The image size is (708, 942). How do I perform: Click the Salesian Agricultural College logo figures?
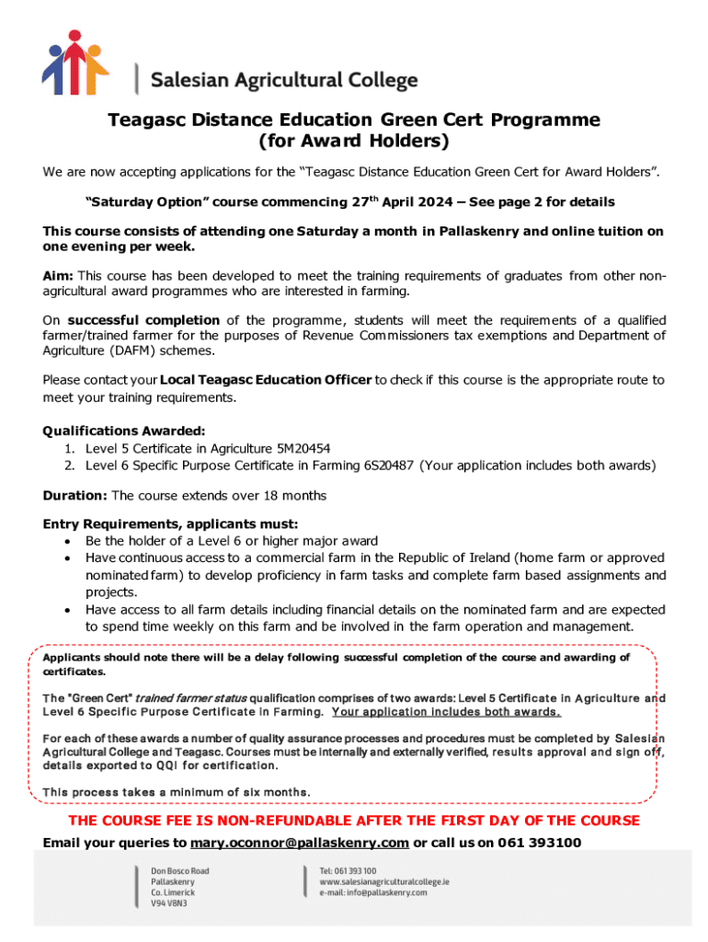click(75, 63)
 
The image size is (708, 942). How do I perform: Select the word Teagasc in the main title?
click(144, 121)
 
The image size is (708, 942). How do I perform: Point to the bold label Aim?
click(59, 276)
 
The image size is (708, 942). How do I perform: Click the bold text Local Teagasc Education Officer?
click(266, 380)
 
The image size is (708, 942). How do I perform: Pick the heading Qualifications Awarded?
click(124, 431)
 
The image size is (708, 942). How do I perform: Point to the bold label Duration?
click(75, 496)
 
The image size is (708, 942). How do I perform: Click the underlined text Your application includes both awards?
click(446, 712)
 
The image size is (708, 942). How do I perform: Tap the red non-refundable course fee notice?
click(354, 821)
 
